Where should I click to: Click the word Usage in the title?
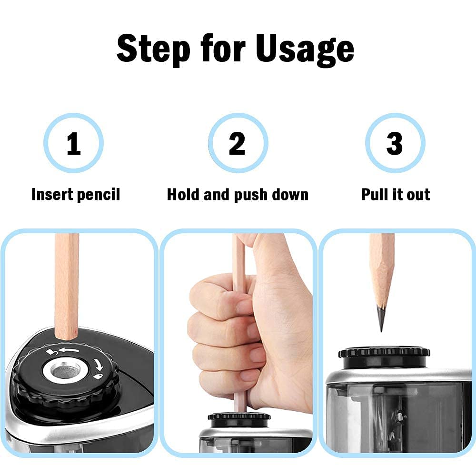305,49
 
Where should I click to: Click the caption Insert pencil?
75,195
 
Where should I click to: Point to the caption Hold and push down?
238,195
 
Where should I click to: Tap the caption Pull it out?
396,195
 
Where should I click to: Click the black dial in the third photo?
384,353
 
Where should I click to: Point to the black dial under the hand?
239,416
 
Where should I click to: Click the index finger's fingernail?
244,307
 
